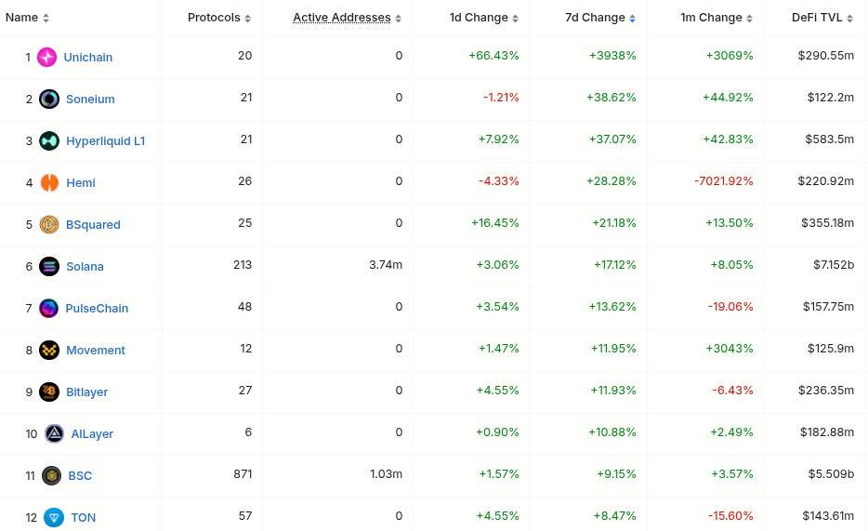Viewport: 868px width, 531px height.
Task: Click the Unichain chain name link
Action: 87,57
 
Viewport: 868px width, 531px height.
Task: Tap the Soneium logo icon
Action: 49,99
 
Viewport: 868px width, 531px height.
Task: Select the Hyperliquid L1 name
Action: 105,140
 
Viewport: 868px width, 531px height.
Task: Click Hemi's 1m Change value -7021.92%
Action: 723,181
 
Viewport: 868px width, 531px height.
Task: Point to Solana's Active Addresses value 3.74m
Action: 385,265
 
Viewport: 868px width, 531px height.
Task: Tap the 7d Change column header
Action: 596,18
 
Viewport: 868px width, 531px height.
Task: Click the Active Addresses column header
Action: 341,18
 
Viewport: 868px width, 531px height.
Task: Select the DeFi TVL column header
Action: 817,18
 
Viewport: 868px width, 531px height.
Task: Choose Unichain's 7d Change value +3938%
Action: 612,56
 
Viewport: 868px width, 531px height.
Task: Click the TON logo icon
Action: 54,517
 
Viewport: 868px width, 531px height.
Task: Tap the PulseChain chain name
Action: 97,308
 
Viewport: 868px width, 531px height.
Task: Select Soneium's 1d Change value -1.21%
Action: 501,98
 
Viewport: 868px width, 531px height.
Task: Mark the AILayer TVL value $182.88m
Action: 825,432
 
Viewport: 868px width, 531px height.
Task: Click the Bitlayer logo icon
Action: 49,392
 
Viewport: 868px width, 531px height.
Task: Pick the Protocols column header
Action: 214,18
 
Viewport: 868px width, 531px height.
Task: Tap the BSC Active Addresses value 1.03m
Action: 386,474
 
